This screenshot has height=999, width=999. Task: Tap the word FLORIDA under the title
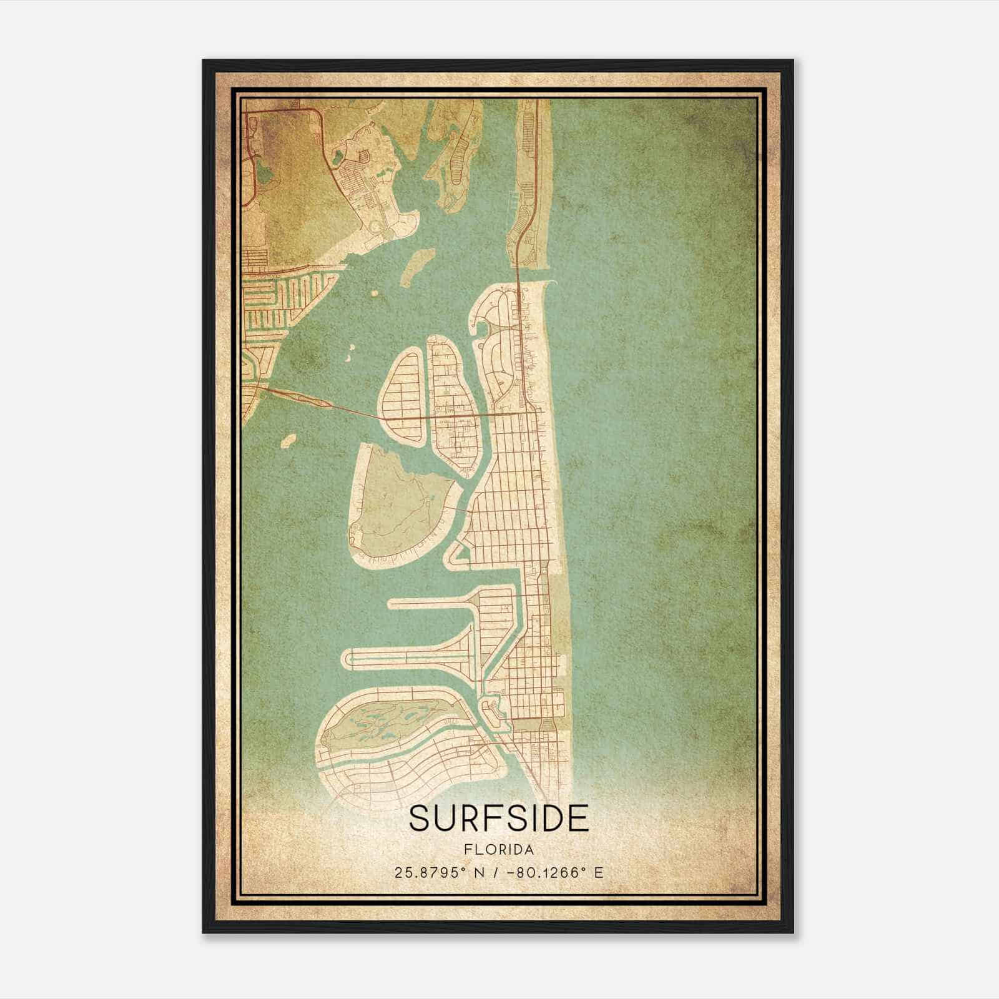click(x=499, y=849)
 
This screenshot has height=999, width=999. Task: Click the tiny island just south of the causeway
click(x=288, y=440)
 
